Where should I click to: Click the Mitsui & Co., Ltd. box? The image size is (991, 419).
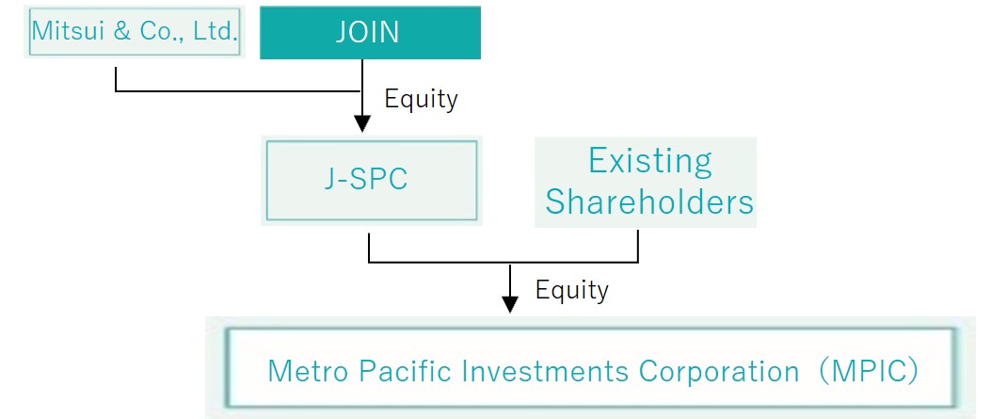point(135,32)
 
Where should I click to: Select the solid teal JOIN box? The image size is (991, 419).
point(371,32)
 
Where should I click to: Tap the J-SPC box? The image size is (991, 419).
point(372,181)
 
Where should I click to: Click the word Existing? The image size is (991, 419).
point(649,162)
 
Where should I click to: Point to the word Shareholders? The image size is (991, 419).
point(649,201)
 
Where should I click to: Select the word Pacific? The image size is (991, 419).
point(408,371)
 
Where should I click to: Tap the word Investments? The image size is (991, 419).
point(546,371)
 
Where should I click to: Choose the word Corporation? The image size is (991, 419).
point(719,372)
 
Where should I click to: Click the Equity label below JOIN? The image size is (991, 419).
point(421,99)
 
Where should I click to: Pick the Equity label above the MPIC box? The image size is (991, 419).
point(572,290)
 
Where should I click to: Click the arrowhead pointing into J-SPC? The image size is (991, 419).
point(362,124)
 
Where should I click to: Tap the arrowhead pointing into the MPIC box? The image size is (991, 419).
point(510,305)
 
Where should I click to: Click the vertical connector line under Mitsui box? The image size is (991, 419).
point(116,80)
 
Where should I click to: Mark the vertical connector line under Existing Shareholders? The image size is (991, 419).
point(638,246)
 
